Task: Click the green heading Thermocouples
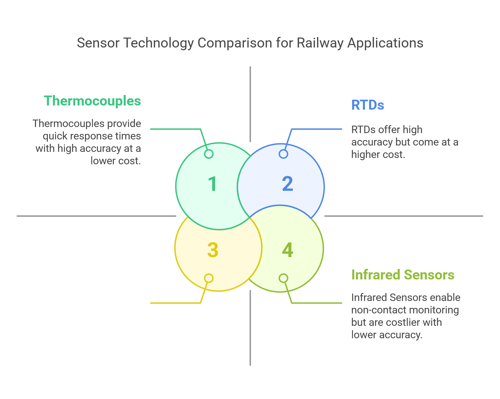(x=92, y=101)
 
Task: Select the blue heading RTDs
(x=368, y=105)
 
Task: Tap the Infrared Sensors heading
(x=403, y=275)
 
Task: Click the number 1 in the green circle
(x=213, y=184)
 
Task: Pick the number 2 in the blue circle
(x=288, y=184)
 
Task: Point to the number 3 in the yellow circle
(x=213, y=250)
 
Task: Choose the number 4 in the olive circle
(x=288, y=250)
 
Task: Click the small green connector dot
(x=209, y=154)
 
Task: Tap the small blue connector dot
(x=283, y=154)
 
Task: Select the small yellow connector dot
(x=209, y=278)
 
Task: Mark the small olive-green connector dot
(x=283, y=278)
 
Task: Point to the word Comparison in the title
(x=235, y=43)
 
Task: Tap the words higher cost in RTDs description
(x=377, y=154)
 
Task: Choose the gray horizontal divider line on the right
(x=403, y=216)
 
